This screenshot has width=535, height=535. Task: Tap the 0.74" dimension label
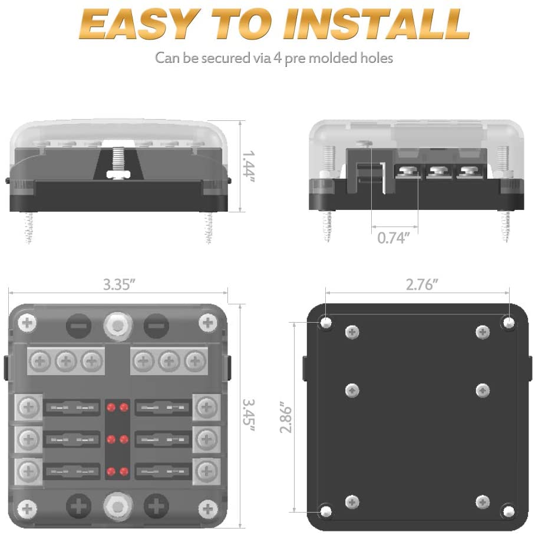pyautogui.click(x=393, y=238)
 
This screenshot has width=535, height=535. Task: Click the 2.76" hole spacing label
pyautogui.click(x=422, y=284)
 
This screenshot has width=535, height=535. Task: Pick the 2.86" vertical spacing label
pyautogui.click(x=285, y=418)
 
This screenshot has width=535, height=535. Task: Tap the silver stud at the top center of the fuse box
pyautogui.click(x=117, y=324)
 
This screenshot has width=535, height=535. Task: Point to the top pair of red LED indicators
pyautogui.click(x=117, y=408)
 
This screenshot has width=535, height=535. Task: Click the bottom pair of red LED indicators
pyautogui.click(x=117, y=471)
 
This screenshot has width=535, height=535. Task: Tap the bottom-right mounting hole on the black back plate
pyautogui.click(x=508, y=509)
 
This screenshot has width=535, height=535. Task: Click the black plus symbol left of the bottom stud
pyautogui.click(x=78, y=506)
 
